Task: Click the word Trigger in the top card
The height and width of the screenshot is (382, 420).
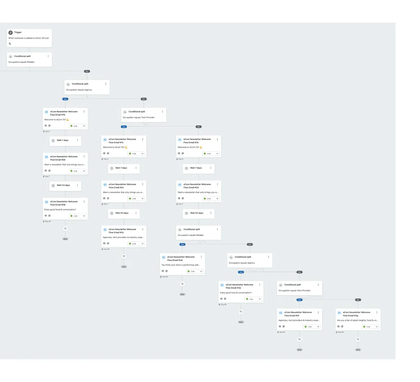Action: point(18,32)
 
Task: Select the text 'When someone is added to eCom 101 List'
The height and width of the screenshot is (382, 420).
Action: point(29,38)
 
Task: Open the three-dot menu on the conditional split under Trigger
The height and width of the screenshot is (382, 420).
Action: point(48,56)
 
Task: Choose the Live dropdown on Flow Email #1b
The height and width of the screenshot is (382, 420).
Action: point(78,126)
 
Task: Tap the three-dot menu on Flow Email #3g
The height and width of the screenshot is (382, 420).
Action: point(377,312)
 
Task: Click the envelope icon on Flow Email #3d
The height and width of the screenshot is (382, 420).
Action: point(164,257)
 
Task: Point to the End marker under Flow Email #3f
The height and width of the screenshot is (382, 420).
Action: point(299,350)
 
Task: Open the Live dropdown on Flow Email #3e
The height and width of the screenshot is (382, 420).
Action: point(253,299)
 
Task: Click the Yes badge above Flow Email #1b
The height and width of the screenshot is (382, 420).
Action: point(65,99)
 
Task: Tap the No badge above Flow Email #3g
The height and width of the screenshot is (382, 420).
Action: point(358,300)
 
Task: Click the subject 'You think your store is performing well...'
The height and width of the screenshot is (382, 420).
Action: point(181,265)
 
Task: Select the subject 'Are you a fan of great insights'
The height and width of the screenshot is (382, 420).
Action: point(358,320)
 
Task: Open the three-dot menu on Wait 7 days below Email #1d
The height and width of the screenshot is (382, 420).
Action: point(211,168)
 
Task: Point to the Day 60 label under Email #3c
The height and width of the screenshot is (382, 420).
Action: point(106,249)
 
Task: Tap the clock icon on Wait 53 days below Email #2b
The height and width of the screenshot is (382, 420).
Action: point(53,185)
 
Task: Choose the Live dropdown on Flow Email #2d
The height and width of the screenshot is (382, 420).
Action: point(211,199)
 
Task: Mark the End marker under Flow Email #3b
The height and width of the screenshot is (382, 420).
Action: point(65,239)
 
